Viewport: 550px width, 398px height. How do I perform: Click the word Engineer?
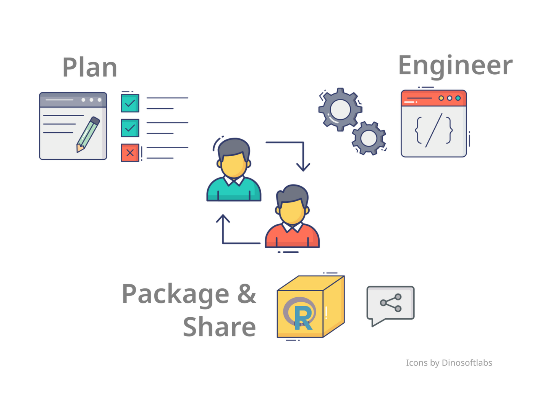click(x=455, y=66)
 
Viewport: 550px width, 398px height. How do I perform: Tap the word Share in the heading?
click(x=219, y=327)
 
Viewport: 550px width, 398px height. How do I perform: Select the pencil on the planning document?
click(x=88, y=134)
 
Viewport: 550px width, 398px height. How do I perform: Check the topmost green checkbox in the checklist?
click(x=130, y=103)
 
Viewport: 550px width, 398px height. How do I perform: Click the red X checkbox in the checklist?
click(x=130, y=152)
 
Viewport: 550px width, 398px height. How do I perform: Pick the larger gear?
click(x=340, y=109)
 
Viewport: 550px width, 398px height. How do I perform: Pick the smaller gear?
click(x=369, y=138)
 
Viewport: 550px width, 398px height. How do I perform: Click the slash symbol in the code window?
click(x=434, y=130)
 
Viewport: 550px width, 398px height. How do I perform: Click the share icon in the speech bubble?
click(x=391, y=303)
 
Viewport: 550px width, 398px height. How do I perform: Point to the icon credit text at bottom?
click(x=449, y=363)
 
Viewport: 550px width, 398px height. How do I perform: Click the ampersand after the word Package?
click(x=247, y=294)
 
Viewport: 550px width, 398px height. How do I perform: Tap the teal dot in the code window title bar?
click(x=458, y=98)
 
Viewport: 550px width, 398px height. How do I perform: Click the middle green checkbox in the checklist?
click(x=130, y=128)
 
